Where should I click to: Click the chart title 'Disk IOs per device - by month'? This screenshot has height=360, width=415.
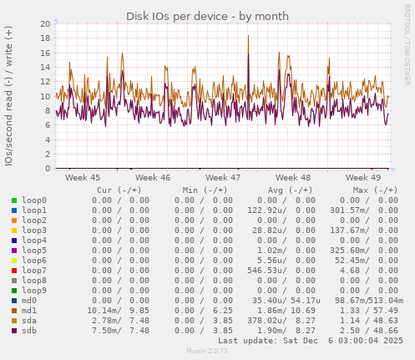(207, 16)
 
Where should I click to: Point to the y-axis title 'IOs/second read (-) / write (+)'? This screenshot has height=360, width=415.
(8, 96)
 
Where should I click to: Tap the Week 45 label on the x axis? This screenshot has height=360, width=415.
(83, 177)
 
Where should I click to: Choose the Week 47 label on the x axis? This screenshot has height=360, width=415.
(223, 177)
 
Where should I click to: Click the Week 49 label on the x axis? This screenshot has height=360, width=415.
(363, 177)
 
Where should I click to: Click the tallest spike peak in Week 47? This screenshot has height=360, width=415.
(248, 36)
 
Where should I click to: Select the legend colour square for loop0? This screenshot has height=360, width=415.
(14, 200)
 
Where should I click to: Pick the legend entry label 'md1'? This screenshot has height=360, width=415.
(29, 310)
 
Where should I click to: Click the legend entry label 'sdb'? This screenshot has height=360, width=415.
(29, 330)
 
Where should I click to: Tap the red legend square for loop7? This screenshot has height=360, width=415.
(14, 270)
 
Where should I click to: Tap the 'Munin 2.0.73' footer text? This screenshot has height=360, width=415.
(206, 352)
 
